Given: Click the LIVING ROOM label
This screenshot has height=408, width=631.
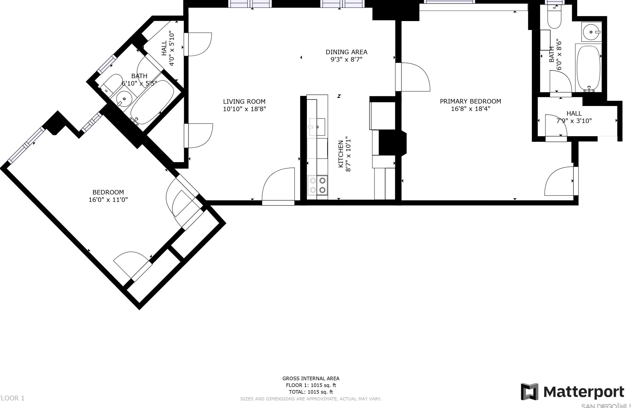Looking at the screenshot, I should [x=244, y=102].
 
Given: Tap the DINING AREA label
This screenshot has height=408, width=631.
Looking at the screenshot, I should [x=346, y=52].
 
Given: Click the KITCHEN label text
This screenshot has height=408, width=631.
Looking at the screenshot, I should [x=341, y=154].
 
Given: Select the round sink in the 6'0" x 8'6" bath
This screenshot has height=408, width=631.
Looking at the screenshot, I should [x=591, y=32].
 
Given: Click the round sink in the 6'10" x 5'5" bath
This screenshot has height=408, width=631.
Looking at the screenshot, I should [x=124, y=99].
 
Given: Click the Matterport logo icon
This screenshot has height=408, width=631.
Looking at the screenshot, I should [x=530, y=392].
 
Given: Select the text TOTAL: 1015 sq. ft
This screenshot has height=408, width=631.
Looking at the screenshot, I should [x=311, y=392].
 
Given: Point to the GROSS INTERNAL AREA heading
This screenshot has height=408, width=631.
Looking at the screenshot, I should [x=311, y=379].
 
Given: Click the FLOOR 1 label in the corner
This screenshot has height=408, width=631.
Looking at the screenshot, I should [x=12, y=398].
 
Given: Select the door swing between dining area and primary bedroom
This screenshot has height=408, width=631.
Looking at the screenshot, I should [x=413, y=77].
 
